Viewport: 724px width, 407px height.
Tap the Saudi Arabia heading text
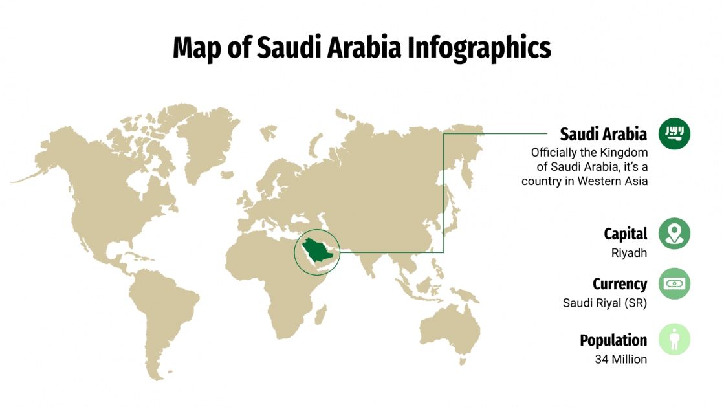pyautogui.click(x=603, y=134)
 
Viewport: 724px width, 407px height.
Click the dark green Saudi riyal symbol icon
pyautogui.click(x=674, y=134)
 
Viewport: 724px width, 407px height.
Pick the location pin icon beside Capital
pyautogui.click(x=674, y=234)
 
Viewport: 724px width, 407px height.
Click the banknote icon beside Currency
pyautogui.click(x=674, y=283)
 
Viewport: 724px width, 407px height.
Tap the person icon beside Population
pyautogui.click(x=674, y=340)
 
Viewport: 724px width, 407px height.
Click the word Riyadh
pyautogui.click(x=629, y=253)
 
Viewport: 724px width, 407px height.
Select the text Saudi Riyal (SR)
pyautogui.click(x=605, y=302)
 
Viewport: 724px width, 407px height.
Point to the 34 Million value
pyautogui.click(x=620, y=358)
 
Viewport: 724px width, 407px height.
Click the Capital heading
pyautogui.click(x=625, y=234)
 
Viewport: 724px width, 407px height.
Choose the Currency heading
pyautogui.click(x=619, y=283)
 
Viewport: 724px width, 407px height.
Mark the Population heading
pyautogui.click(x=613, y=340)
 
